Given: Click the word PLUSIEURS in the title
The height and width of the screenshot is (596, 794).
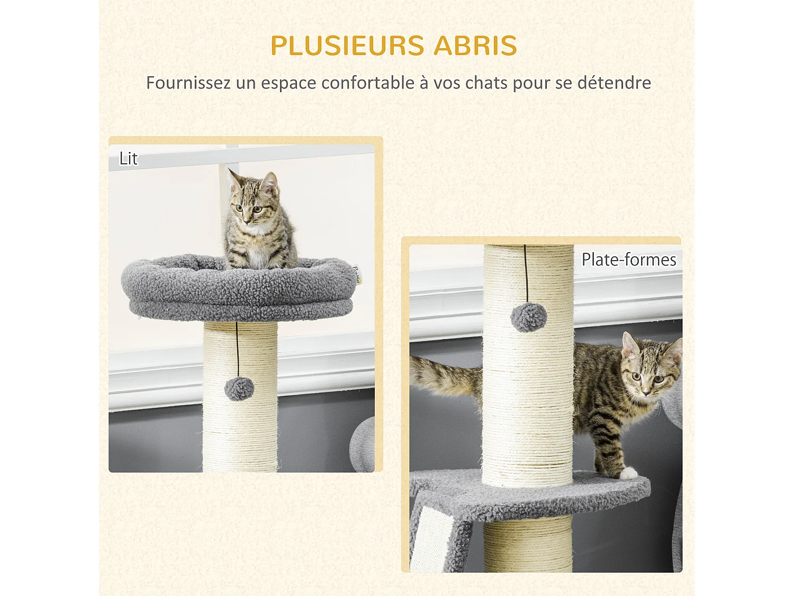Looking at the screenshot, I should (x=347, y=46).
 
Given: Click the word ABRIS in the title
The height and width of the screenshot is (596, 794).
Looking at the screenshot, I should (x=475, y=46).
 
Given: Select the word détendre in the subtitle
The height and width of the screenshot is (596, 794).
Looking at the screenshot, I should (x=614, y=83).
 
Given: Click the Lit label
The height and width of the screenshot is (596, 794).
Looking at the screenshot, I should (x=128, y=158).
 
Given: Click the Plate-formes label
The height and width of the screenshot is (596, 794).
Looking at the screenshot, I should (x=629, y=260).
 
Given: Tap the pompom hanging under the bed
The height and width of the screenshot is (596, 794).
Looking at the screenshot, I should (x=239, y=389).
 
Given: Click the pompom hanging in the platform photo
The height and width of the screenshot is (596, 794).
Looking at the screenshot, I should (x=528, y=317).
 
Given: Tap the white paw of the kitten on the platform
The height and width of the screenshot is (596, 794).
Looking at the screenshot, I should (x=628, y=473).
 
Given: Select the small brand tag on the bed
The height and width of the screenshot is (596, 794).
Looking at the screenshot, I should (x=356, y=274).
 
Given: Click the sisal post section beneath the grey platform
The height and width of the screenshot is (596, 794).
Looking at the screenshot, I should (x=528, y=546).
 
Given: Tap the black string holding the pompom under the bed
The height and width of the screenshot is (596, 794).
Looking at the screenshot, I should (x=237, y=350).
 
